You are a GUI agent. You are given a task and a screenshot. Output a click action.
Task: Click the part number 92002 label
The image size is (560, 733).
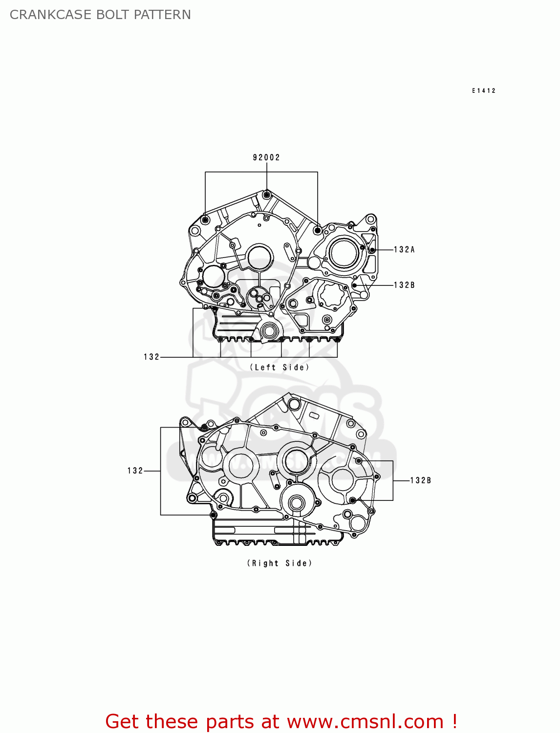tap(266, 157)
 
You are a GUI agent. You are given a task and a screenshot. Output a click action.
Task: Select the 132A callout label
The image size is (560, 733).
tap(404, 250)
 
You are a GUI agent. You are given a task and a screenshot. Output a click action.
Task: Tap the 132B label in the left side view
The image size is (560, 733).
tap(404, 285)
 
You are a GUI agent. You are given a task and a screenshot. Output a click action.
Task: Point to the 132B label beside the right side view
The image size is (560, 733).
tap(420, 480)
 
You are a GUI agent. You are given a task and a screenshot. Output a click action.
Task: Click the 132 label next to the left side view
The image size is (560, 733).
tap(151, 357)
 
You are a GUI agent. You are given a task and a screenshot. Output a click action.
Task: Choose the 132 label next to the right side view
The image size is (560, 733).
tap(135, 471)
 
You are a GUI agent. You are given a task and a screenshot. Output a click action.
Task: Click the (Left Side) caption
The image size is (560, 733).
tap(280, 367)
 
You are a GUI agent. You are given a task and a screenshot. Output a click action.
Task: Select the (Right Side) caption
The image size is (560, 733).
tap(279, 563)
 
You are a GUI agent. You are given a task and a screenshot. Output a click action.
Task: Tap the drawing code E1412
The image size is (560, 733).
tap(484, 91)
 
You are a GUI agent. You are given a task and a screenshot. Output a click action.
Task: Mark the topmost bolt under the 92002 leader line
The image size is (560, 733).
tap(266, 195)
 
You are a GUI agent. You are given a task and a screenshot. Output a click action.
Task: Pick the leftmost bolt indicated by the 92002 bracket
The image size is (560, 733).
tap(205, 220)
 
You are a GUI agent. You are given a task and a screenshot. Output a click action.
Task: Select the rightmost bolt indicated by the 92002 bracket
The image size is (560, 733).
tap(318, 230)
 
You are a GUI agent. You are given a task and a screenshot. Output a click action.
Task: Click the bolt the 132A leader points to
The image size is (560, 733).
tap(372, 250)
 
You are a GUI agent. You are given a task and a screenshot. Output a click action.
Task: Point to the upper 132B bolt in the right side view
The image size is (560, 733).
tap(359, 461)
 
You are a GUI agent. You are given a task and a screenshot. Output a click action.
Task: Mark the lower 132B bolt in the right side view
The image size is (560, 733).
tap(352, 500)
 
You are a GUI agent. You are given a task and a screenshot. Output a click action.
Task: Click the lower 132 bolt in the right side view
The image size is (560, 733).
tap(213, 515)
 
